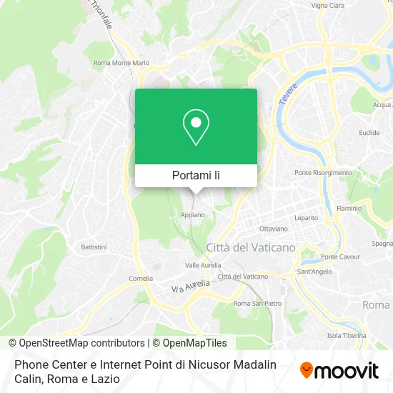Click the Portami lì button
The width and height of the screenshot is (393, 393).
coord(196,175)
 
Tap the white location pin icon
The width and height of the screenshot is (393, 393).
coord(196,127)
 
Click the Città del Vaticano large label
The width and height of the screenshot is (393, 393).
coord(250,247)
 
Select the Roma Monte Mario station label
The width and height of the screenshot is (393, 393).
coord(121,63)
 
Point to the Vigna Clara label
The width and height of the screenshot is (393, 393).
coord(328,5)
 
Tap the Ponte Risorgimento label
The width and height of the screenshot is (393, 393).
coord(323,172)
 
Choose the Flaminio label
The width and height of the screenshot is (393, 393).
coord(349,208)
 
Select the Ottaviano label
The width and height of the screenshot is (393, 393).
coord(274,229)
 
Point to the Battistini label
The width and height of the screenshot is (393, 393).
coord(94,247)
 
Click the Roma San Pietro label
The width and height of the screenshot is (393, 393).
coord(256,303)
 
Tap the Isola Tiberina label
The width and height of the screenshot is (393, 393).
coord(347,335)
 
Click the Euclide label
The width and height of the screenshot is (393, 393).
coord(369,133)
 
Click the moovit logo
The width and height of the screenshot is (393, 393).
coord(339,370)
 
